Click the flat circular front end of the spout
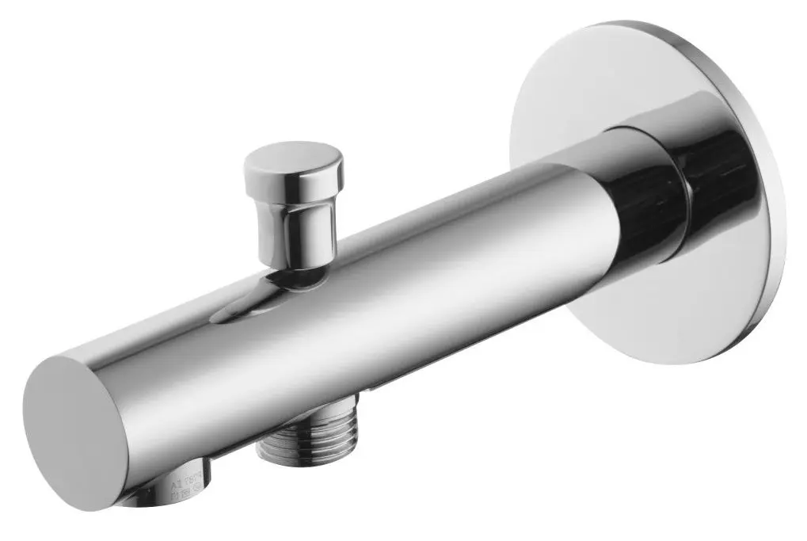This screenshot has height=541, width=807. click(75, 432)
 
